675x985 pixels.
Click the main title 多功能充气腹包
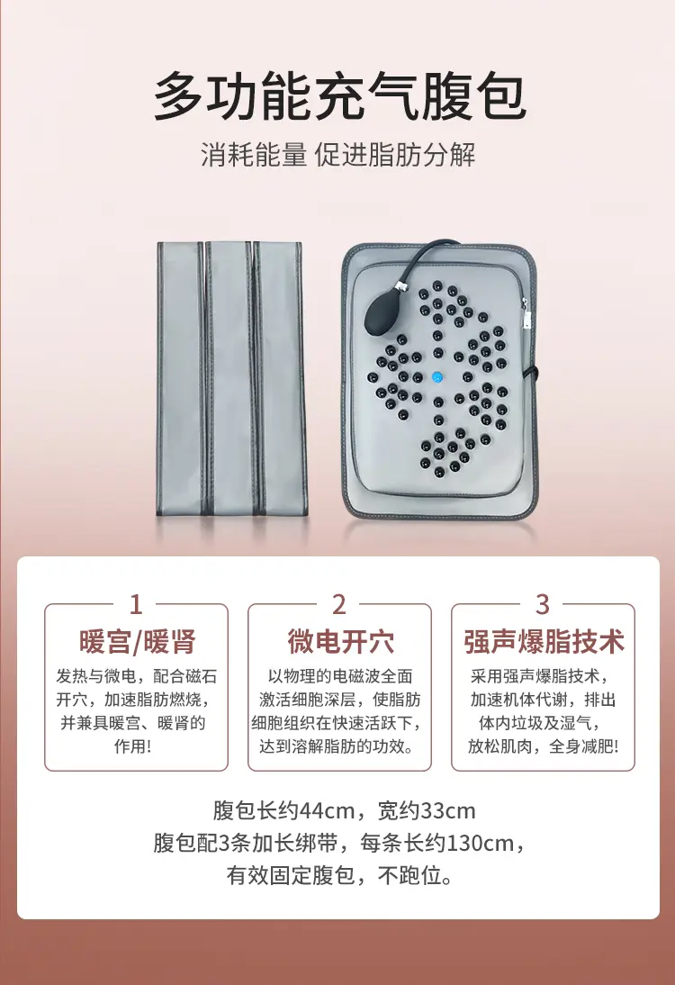pos(339,96)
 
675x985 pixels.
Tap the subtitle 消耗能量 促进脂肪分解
pos(337,155)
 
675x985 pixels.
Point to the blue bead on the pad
pos(437,377)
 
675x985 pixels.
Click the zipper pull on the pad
pos(526,314)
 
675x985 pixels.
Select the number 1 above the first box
pos(136,604)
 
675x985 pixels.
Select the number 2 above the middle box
pos(339,604)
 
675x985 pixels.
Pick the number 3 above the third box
pos(543,604)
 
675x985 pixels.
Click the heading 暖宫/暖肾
pos(138,641)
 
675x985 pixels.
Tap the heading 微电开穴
pos(340,641)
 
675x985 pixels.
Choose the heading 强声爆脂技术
pos(544,641)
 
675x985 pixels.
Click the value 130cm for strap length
pos(480,843)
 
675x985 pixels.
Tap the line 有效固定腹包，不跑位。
pos(339,875)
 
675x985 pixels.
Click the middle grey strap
pos(229,378)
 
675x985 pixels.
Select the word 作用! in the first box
pos(132,746)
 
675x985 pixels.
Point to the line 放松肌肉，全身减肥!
pos(543,746)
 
